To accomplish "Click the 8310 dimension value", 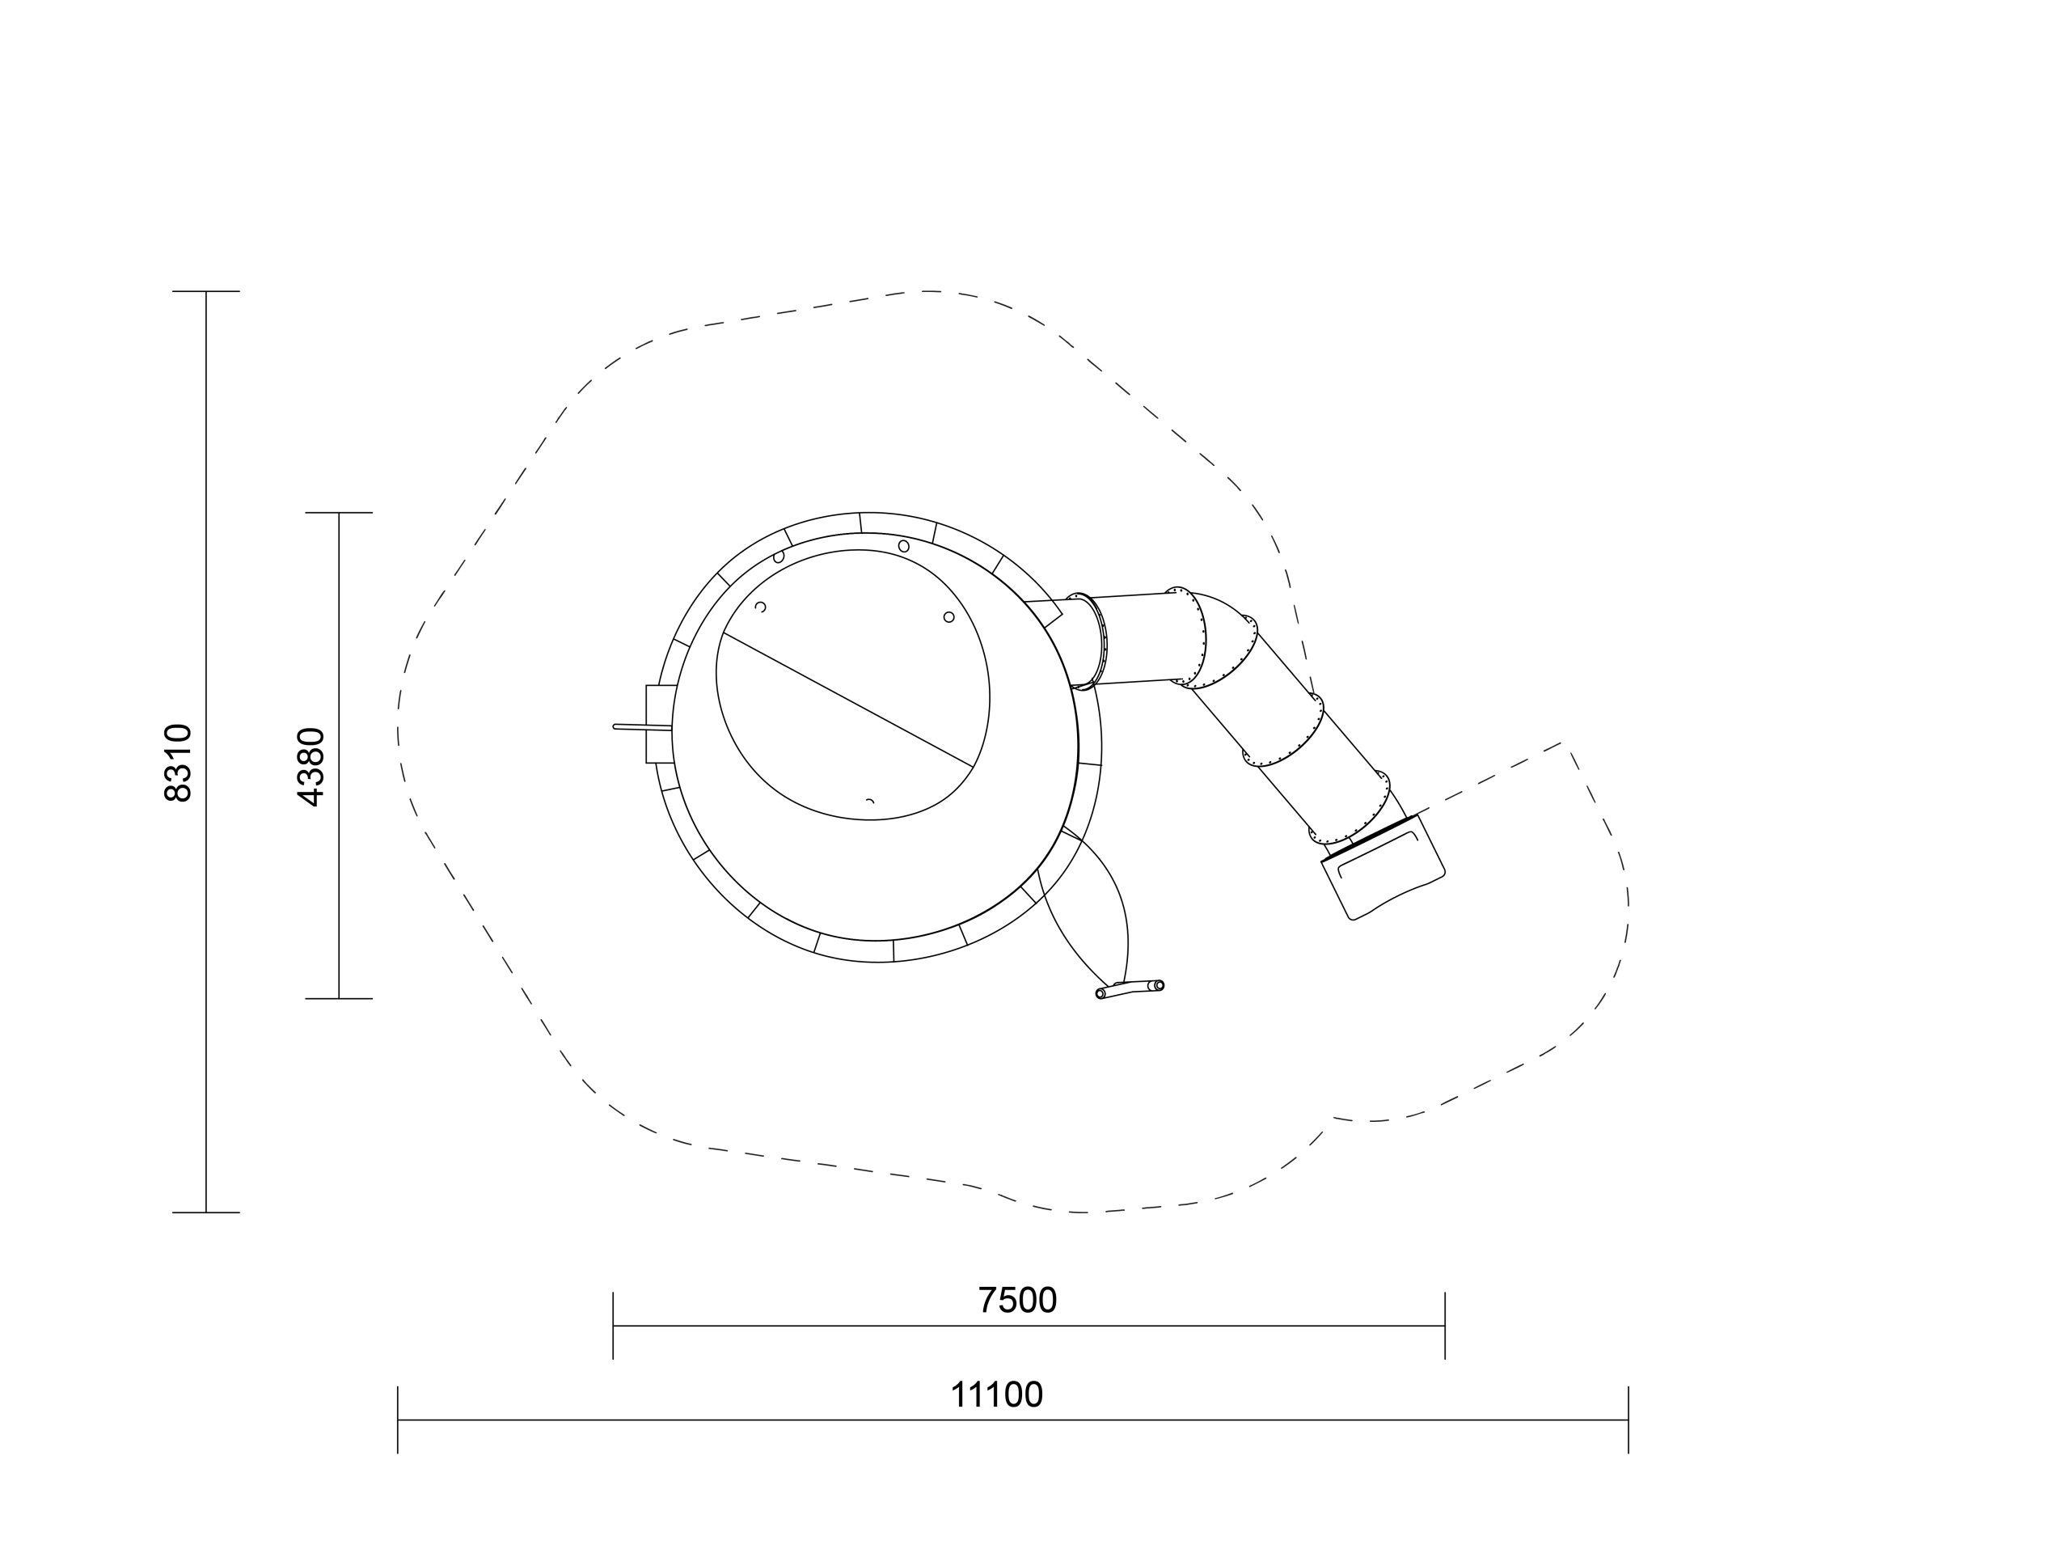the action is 178,763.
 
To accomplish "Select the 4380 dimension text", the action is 310,767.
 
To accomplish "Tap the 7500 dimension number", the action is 1017,1301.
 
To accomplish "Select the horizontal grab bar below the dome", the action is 1130,989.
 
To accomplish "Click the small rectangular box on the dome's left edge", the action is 659,724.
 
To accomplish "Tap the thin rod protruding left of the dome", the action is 642,727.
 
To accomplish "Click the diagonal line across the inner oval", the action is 848,700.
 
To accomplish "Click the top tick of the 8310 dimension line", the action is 206,292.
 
